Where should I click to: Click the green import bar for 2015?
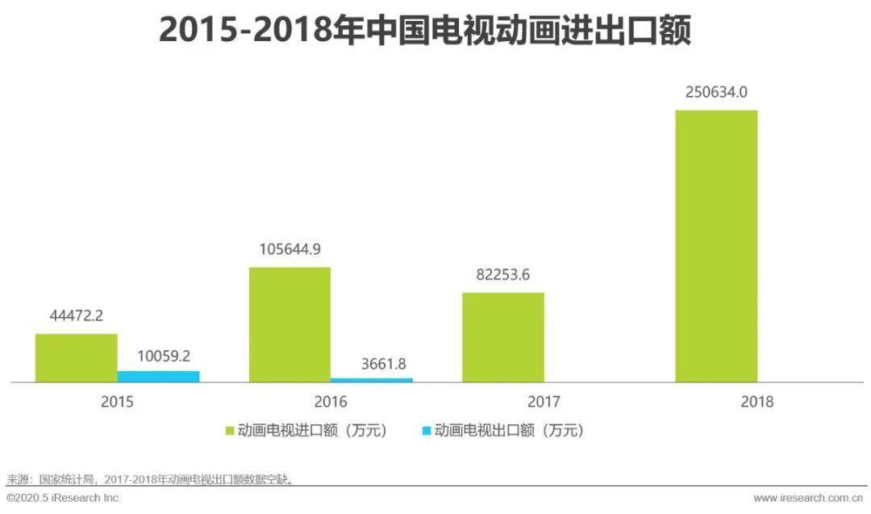pyautogui.click(x=77, y=357)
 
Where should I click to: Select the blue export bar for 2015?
pyautogui.click(x=158, y=376)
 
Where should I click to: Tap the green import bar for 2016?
pyautogui.click(x=290, y=324)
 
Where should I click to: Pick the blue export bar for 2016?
pyautogui.click(x=372, y=379)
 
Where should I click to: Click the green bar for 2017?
pyautogui.click(x=503, y=336)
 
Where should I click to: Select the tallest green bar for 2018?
pyautogui.click(x=716, y=245)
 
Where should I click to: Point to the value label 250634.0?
pyautogui.click(x=716, y=93)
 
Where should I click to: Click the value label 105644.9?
pyautogui.click(x=290, y=249)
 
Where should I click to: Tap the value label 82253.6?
pyautogui.click(x=503, y=274)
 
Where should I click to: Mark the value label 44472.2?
pyautogui.click(x=77, y=316)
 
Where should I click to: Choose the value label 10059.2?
pyautogui.click(x=158, y=355)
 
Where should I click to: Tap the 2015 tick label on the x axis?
pyautogui.click(x=118, y=401)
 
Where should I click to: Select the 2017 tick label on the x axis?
pyautogui.click(x=544, y=401)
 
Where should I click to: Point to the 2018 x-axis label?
pyautogui.click(x=757, y=401)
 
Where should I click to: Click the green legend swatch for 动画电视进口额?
pyautogui.click(x=229, y=431)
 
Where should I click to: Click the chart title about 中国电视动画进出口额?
pyautogui.click(x=425, y=31)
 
